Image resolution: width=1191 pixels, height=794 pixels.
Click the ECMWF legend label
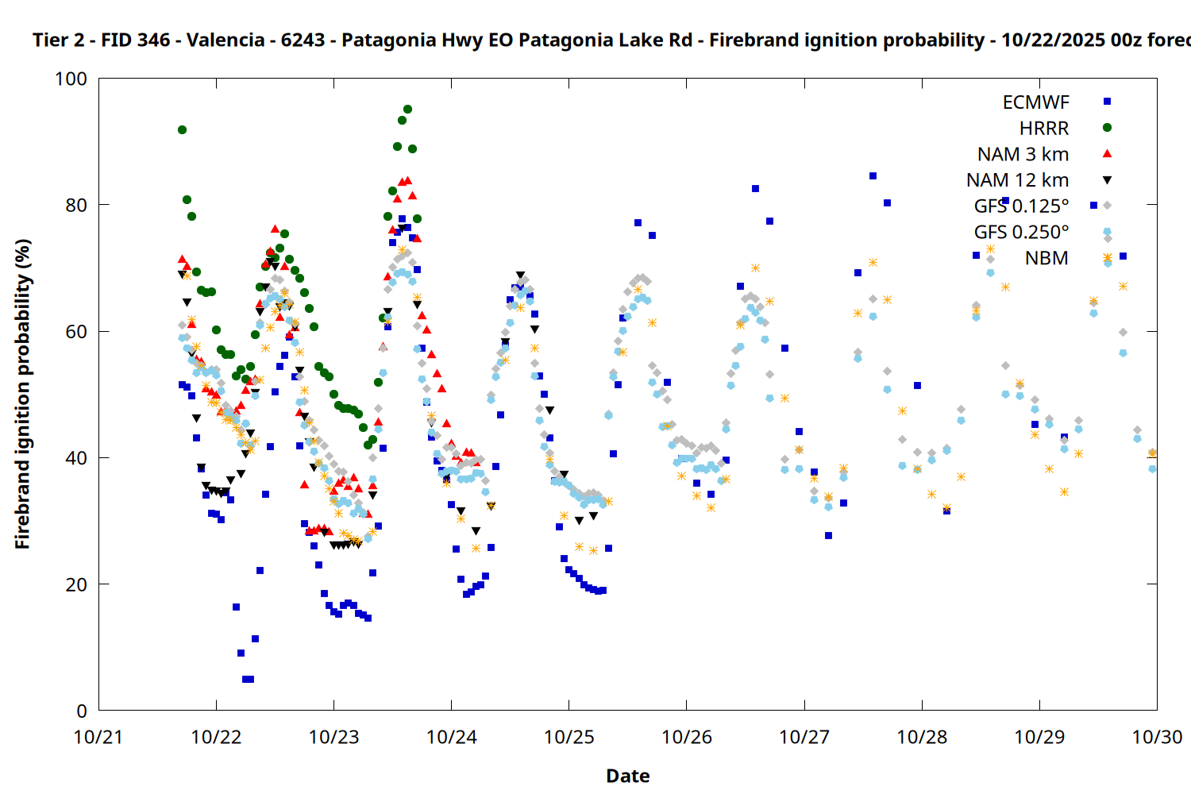click(x=1035, y=102)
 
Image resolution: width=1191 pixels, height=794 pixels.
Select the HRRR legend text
click(x=1044, y=129)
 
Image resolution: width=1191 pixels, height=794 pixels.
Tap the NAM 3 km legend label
click(x=1023, y=154)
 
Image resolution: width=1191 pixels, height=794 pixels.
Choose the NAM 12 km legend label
click(x=1017, y=180)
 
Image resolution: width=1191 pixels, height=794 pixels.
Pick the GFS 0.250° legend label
click(x=1021, y=232)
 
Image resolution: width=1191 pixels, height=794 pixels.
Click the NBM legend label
click(x=1046, y=258)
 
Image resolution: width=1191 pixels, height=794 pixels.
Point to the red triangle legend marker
click(x=1107, y=153)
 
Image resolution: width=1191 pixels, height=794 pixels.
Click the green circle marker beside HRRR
click(x=1107, y=127)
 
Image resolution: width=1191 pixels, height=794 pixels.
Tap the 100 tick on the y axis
click(x=71, y=79)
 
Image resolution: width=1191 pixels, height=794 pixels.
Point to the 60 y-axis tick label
click(x=76, y=331)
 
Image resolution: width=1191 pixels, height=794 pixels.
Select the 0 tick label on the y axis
click(x=81, y=711)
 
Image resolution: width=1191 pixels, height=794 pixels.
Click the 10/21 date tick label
click(x=98, y=737)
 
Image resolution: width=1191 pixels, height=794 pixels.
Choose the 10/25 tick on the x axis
click(x=569, y=737)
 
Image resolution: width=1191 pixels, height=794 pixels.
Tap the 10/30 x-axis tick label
click(x=1156, y=737)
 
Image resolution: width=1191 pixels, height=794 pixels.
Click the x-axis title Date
click(x=627, y=776)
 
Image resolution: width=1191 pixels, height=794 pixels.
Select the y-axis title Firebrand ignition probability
click(x=22, y=394)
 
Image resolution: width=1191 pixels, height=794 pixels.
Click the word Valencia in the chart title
click(x=225, y=40)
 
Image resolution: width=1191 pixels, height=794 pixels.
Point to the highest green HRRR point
click(x=407, y=110)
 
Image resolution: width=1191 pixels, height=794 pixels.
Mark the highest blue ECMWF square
click(x=873, y=176)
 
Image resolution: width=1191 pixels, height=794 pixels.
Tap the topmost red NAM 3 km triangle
click(x=407, y=181)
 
